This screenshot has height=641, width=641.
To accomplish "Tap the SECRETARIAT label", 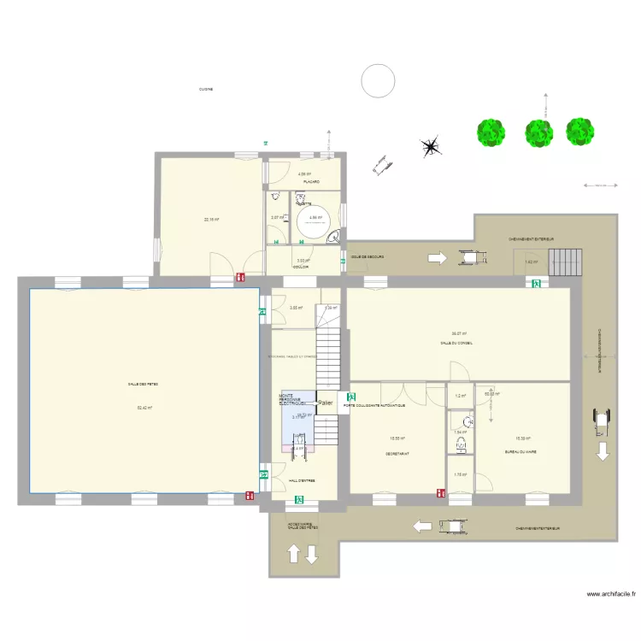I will coord(397,454).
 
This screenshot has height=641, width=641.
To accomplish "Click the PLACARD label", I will coord(310,182).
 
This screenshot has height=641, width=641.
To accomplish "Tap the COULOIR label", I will coord(301,267).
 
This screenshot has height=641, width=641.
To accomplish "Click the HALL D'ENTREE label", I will coord(302,480).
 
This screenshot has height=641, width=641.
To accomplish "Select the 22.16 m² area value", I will coord(211,220).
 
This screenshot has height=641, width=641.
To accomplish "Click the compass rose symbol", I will coord(432,147).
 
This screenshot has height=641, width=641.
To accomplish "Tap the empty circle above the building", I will coord(378,80).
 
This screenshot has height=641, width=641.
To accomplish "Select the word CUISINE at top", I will coord(206,89).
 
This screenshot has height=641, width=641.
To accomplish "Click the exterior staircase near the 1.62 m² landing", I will coord(563,261).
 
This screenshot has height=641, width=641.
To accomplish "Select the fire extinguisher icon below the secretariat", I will coord(441,493).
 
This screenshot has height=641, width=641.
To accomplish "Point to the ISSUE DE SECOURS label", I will coord(367,256).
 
